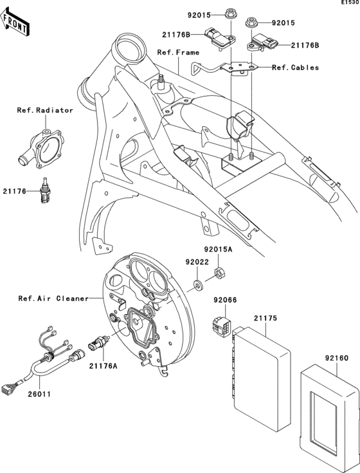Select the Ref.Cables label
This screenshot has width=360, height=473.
295,67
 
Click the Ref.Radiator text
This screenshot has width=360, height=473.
45,110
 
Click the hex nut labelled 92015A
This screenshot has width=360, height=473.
218,273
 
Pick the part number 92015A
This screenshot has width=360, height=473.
219,248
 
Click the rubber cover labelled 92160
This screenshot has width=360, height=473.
328,405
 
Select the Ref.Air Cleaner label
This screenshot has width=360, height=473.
54,298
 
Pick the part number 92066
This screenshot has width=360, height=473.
226,300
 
